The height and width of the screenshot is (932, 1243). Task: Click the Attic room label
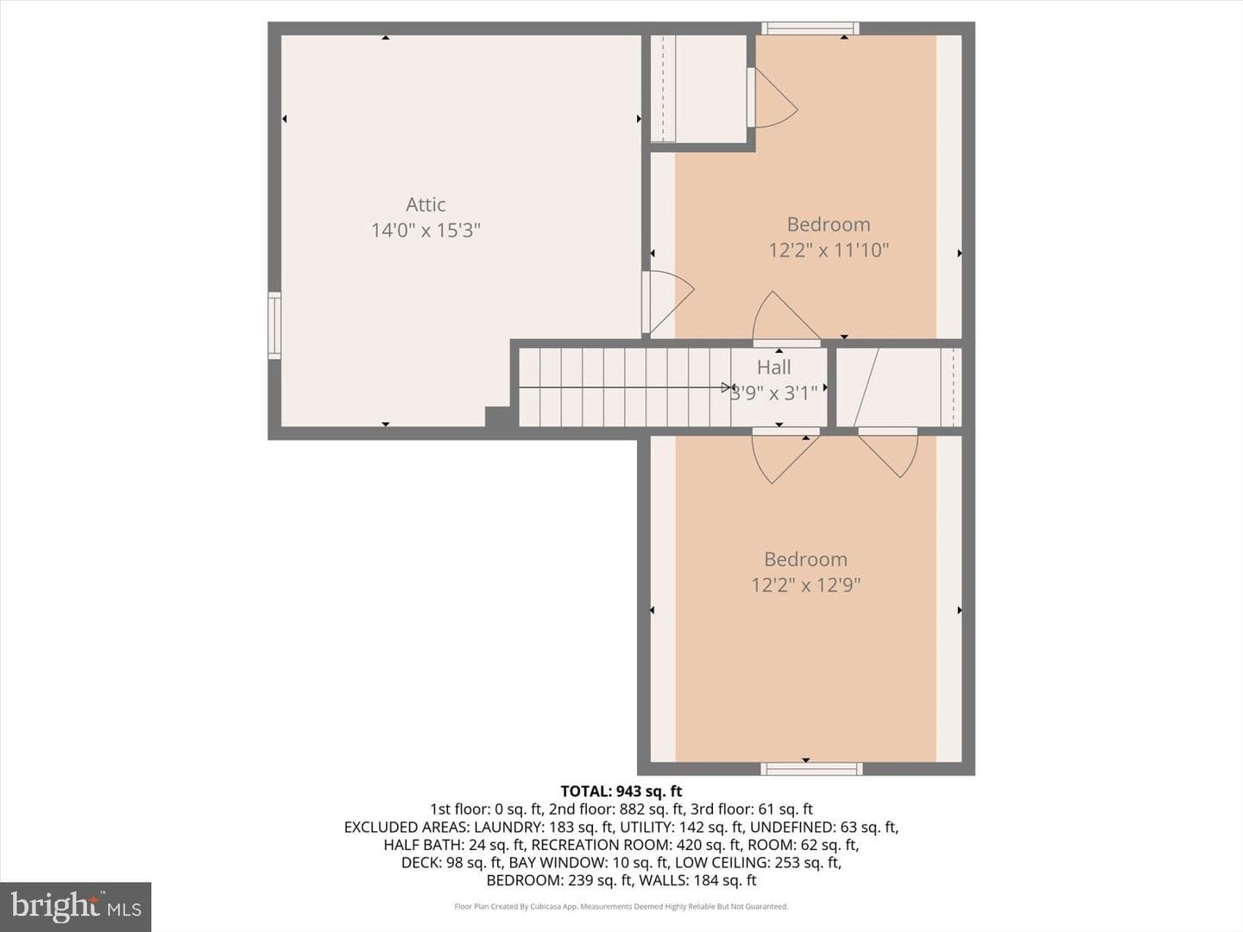(426, 205)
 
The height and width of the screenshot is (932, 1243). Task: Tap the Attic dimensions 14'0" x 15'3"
(426, 230)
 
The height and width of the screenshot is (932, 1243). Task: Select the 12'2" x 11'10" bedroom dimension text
(829, 250)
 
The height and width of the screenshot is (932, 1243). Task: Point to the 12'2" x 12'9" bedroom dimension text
(806, 584)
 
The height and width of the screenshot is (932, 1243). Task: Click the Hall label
(773, 368)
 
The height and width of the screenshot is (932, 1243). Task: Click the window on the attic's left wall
(274, 325)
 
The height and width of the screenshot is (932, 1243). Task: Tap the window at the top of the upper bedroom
(811, 28)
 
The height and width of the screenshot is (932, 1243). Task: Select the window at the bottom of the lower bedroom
(811, 769)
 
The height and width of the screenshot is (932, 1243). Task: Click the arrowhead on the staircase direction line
(726, 387)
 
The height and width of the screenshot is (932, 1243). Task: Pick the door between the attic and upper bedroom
(668, 302)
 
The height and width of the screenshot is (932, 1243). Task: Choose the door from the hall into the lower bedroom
(786, 456)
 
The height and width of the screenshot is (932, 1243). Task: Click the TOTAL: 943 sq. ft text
(621, 791)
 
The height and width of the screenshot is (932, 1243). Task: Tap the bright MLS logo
(75, 906)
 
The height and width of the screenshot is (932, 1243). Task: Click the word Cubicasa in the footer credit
(542, 906)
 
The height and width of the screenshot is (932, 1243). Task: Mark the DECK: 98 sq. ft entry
(451, 862)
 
